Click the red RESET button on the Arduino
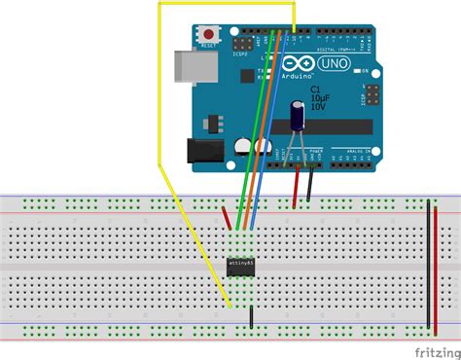pos(207,35)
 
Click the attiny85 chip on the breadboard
pos(242,263)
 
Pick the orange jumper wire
pos(262,136)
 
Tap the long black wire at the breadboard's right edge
pos(429,263)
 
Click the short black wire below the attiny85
pos(252,317)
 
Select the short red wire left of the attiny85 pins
pos(228,218)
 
